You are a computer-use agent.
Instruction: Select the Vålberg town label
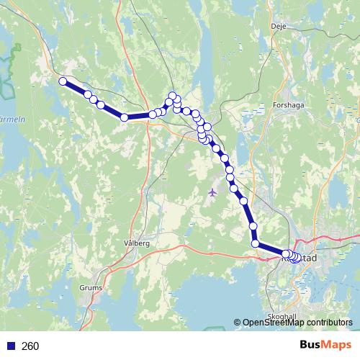pyautogui.click(x=136, y=243)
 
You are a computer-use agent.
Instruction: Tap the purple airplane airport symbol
pyautogui.click(x=212, y=192)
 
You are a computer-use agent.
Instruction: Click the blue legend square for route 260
pyautogui.click(x=9, y=346)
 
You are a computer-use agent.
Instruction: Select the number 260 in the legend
pyautogui.click(x=30, y=346)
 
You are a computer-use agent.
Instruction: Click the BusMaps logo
pyautogui.click(x=325, y=346)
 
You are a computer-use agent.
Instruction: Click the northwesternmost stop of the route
pyautogui.click(x=63, y=81)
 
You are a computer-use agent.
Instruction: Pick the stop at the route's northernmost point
pyautogui.click(x=172, y=95)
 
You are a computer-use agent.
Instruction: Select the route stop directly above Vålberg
pyautogui.click(x=125, y=117)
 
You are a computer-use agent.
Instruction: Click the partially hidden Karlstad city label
pyautogui.click(x=308, y=257)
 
